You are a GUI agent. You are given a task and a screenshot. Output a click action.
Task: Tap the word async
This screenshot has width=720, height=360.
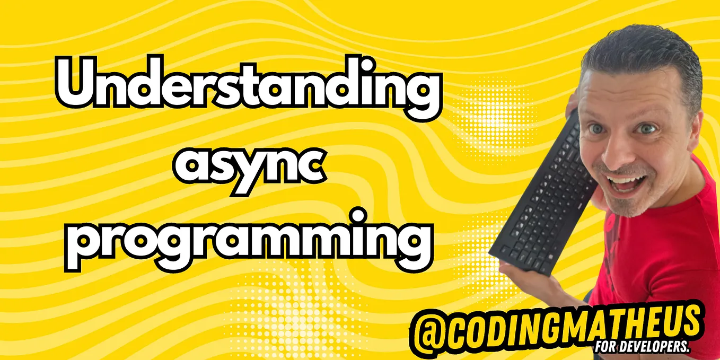[247, 166]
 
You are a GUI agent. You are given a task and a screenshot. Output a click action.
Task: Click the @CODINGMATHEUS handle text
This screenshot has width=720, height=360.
[557, 326]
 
